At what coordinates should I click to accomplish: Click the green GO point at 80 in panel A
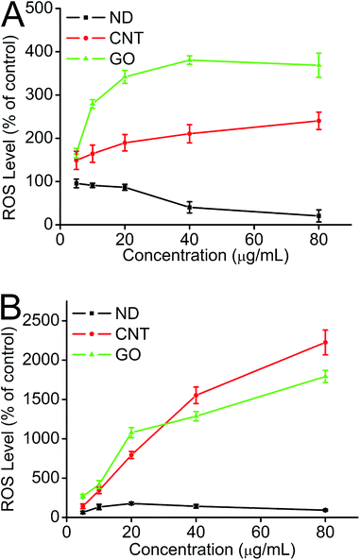point(318,65)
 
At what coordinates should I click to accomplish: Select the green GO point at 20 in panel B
point(131,433)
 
